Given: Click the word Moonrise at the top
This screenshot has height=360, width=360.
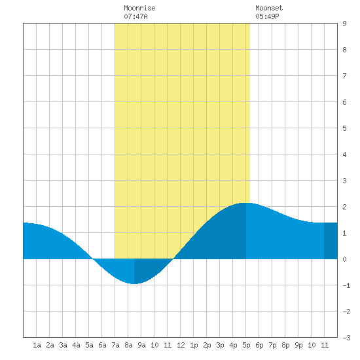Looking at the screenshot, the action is pyautogui.click(x=139, y=8).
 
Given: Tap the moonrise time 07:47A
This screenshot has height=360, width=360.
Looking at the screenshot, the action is pyautogui.click(x=135, y=16).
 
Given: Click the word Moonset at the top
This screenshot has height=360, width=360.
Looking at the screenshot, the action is pyautogui.click(x=269, y=8).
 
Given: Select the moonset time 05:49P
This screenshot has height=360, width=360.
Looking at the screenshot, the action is pyautogui.click(x=267, y=16).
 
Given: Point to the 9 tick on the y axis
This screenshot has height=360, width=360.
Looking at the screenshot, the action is pyautogui.click(x=344, y=24).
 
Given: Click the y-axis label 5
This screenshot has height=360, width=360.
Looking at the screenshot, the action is pyautogui.click(x=344, y=128).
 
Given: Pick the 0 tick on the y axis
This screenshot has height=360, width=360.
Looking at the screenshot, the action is pyautogui.click(x=344, y=259).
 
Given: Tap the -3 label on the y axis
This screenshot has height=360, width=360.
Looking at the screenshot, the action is pyautogui.click(x=346, y=338).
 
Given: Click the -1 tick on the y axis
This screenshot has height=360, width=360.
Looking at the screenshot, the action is pyautogui.click(x=346, y=285).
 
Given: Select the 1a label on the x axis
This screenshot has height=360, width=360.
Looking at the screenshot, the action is pyautogui.click(x=37, y=345).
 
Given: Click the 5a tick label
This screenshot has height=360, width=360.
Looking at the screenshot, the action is pyautogui.click(x=89, y=345).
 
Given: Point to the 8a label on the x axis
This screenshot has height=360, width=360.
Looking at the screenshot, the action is pyautogui.click(x=128, y=345).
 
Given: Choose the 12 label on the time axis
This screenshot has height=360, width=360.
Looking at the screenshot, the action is pyautogui.click(x=181, y=345).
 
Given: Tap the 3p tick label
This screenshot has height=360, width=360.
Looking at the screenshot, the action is pyautogui.click(x=220, y=345).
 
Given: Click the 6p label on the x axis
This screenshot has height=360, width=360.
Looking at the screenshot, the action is pyautogui.click(x=259, y=345).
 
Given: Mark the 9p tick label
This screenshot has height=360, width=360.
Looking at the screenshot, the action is pyautogui.click(x=298, y=345).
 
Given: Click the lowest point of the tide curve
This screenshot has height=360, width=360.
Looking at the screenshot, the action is pyautogui.click(x=134, y=284).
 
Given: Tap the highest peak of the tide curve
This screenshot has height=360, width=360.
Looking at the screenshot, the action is pyautogui.click(x=245, y=203).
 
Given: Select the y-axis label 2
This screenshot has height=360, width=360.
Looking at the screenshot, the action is pyautogui.click(x=344, y=207).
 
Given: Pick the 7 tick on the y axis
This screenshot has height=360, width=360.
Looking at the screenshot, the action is pyautogui.click(x=344, y=76).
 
